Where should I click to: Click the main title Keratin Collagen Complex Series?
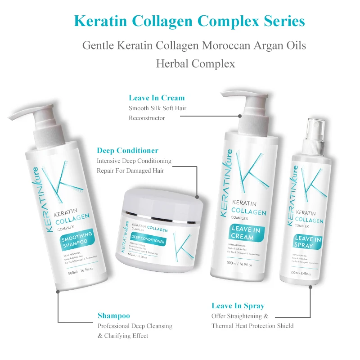click(x=189, y=21)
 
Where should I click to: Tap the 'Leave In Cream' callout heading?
click(x=157, y=98)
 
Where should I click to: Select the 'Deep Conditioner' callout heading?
click(x=128, y=150)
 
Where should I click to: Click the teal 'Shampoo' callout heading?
click(x=114, y=316)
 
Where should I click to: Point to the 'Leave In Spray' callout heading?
click(x=238, y=306)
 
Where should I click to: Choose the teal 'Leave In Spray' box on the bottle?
click(x=308, y=243)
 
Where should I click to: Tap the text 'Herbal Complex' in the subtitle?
click(x=195, y=64)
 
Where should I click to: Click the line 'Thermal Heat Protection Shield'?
click(x=252, y=326)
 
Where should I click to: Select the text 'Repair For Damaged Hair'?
click(x=130, y=171)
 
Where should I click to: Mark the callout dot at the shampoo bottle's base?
click(x=58, y=292)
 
